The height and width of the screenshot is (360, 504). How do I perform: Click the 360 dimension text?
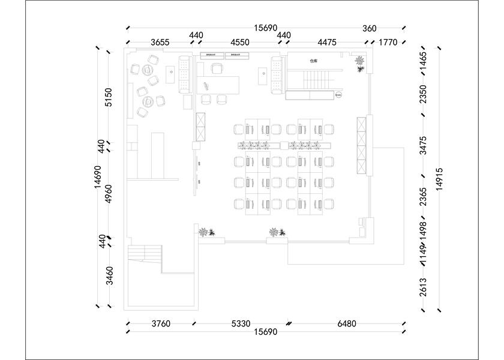[370, 28]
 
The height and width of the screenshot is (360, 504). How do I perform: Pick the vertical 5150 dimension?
[109, 97]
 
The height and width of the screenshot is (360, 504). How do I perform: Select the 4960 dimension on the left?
[109, 194]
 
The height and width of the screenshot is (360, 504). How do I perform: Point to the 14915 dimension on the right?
[440, 179]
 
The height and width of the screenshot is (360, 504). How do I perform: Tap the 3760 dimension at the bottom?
[160, 324]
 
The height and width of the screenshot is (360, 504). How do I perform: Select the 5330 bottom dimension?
[241, 324]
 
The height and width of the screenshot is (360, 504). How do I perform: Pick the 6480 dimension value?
[347, 324]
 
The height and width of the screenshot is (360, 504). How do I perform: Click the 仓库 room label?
[313, 61]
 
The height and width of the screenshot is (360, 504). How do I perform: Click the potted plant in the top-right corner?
[359, 63]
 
